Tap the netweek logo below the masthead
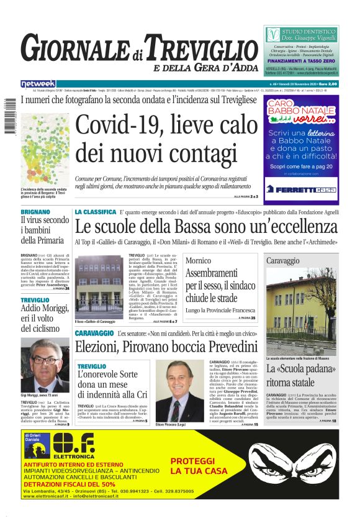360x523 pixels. [x=38, y=84]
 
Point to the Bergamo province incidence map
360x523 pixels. [x=44, y=150]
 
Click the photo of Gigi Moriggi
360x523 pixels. [x=45, y=365]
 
